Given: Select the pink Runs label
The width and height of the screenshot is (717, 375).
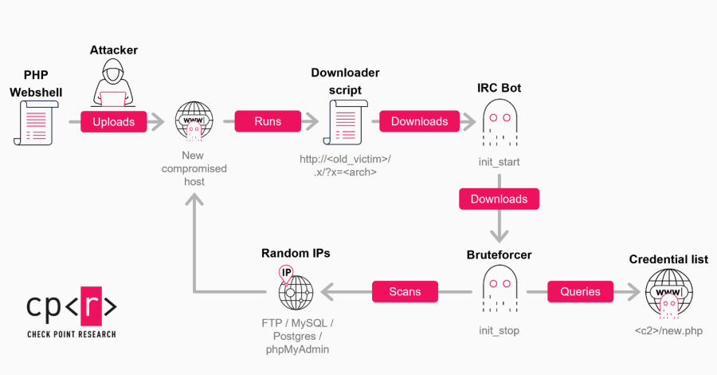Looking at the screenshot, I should tap(267, 122).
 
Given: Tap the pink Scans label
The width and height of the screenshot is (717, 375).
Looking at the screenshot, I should tap(405, 291).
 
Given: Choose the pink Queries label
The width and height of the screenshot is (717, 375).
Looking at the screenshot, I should tap(580, 291).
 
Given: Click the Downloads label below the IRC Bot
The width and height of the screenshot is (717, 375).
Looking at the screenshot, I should tap(500, 198).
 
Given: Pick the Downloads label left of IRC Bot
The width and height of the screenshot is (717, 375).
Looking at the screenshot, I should tap(419, 122).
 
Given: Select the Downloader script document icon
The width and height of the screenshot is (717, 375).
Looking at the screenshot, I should tap(344, 125).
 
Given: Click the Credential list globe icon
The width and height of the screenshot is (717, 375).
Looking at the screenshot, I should tap(668, 293).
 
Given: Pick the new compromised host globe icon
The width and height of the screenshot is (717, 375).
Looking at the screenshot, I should tap(194, 122).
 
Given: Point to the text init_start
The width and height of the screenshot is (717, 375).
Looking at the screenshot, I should tap(500, 161).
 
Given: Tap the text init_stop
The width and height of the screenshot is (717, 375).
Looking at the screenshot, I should tap(500, 330).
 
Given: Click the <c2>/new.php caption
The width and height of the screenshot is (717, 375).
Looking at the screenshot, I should tap(668, 330).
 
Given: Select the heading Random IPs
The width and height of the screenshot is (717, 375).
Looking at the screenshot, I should tap(296, 254).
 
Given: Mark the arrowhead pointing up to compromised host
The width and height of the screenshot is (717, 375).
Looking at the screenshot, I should tap(194, 201).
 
